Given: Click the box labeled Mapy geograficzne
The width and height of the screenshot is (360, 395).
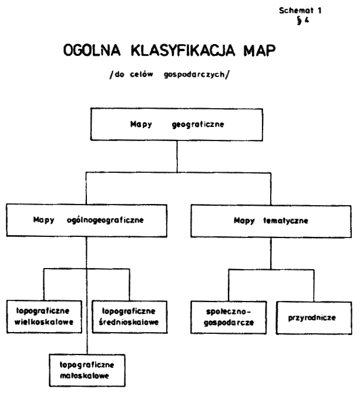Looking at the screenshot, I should point(176,125).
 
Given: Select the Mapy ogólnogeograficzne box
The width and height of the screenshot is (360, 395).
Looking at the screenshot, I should point(87,223).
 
